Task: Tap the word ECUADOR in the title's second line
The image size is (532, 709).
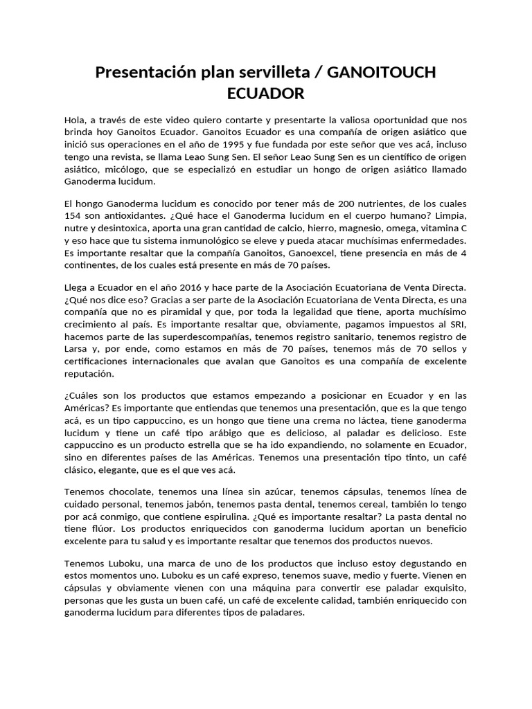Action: tap(266, 92)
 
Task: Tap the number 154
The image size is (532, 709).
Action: tap(73, 217)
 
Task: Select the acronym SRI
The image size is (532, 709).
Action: tap(458, 325)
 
